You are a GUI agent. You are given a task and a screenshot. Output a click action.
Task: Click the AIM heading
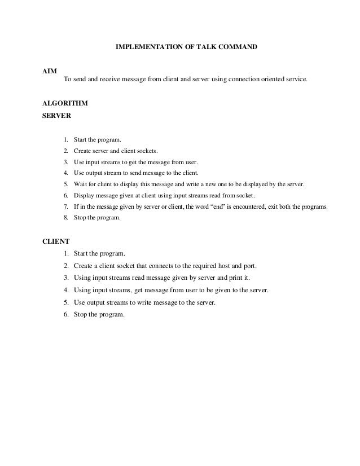(50, 71)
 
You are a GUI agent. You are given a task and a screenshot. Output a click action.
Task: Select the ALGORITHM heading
(65, 104)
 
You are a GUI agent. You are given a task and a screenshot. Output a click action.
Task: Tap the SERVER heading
(56, 116)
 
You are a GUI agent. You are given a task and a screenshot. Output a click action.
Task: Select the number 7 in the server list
(65, 207)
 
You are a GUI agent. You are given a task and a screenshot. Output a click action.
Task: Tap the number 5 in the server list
(65, 184)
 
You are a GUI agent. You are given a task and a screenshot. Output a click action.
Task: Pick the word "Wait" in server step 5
(81, 184)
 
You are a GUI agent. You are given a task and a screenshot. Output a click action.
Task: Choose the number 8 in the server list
(65, 218)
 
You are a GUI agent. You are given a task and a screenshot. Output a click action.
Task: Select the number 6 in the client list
(65, 314)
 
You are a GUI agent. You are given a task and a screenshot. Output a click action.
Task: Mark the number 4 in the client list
(65, 290)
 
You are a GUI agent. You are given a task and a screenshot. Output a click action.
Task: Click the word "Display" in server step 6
(85, 196)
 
